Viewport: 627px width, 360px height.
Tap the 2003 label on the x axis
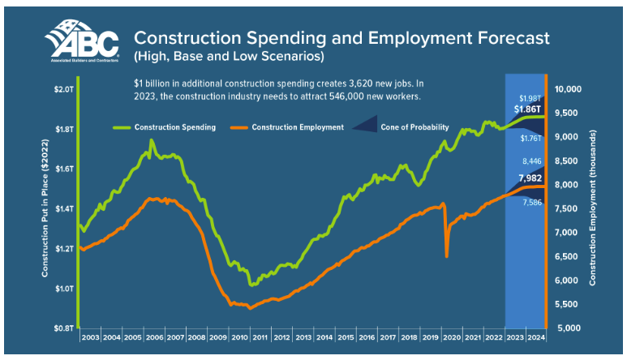[x=91, y=336]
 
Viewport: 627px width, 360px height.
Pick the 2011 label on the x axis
[x=260, y=336]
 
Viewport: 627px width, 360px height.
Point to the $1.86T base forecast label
[x=529, y=109]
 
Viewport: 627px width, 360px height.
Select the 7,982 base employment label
[x=530, y=178]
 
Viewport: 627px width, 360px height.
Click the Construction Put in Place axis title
[x=46, y=208]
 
